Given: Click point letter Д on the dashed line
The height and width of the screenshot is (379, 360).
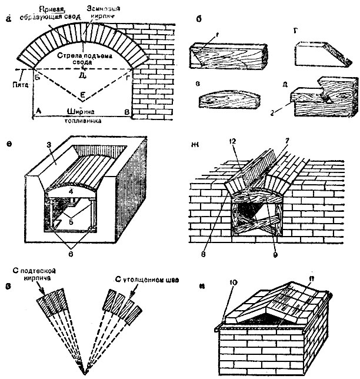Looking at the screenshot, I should click(x=82, y=74).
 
